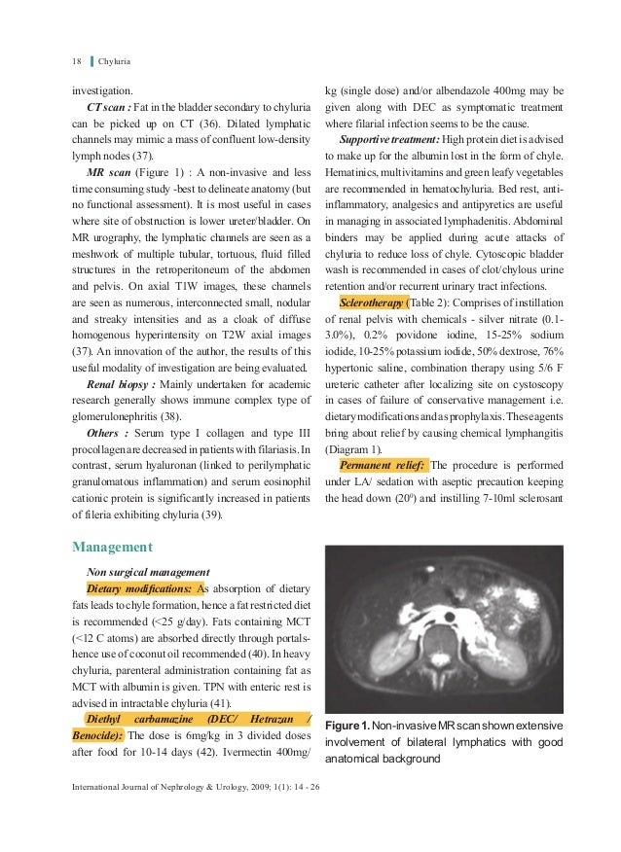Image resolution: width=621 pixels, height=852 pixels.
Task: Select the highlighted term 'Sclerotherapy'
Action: [x=376, y=302]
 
